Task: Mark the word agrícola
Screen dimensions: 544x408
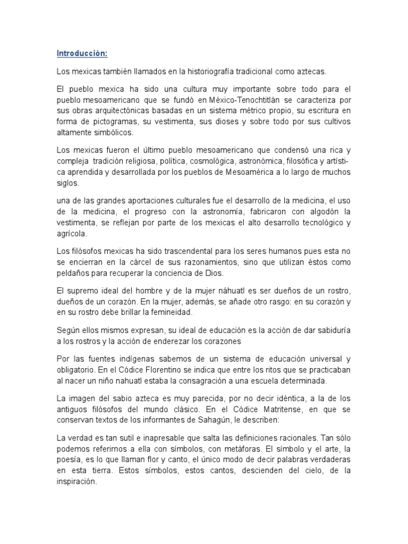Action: coord(71,233)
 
